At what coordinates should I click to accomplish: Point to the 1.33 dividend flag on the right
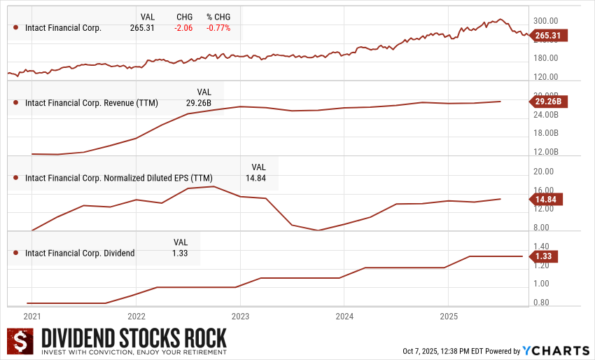545,256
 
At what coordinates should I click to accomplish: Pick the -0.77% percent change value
218,28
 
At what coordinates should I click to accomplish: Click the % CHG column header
218,17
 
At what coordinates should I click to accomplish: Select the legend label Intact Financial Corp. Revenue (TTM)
92,103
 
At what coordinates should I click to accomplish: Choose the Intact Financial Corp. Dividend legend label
80,253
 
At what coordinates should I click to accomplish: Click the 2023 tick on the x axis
240,316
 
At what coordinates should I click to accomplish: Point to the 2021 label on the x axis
32,316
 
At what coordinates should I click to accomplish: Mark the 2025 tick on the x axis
448,316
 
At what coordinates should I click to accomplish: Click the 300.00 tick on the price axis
545,21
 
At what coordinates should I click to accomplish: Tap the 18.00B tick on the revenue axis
545,133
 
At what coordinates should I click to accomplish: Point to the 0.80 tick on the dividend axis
542,303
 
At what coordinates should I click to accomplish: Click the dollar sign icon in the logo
20,342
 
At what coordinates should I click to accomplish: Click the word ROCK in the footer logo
200,338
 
